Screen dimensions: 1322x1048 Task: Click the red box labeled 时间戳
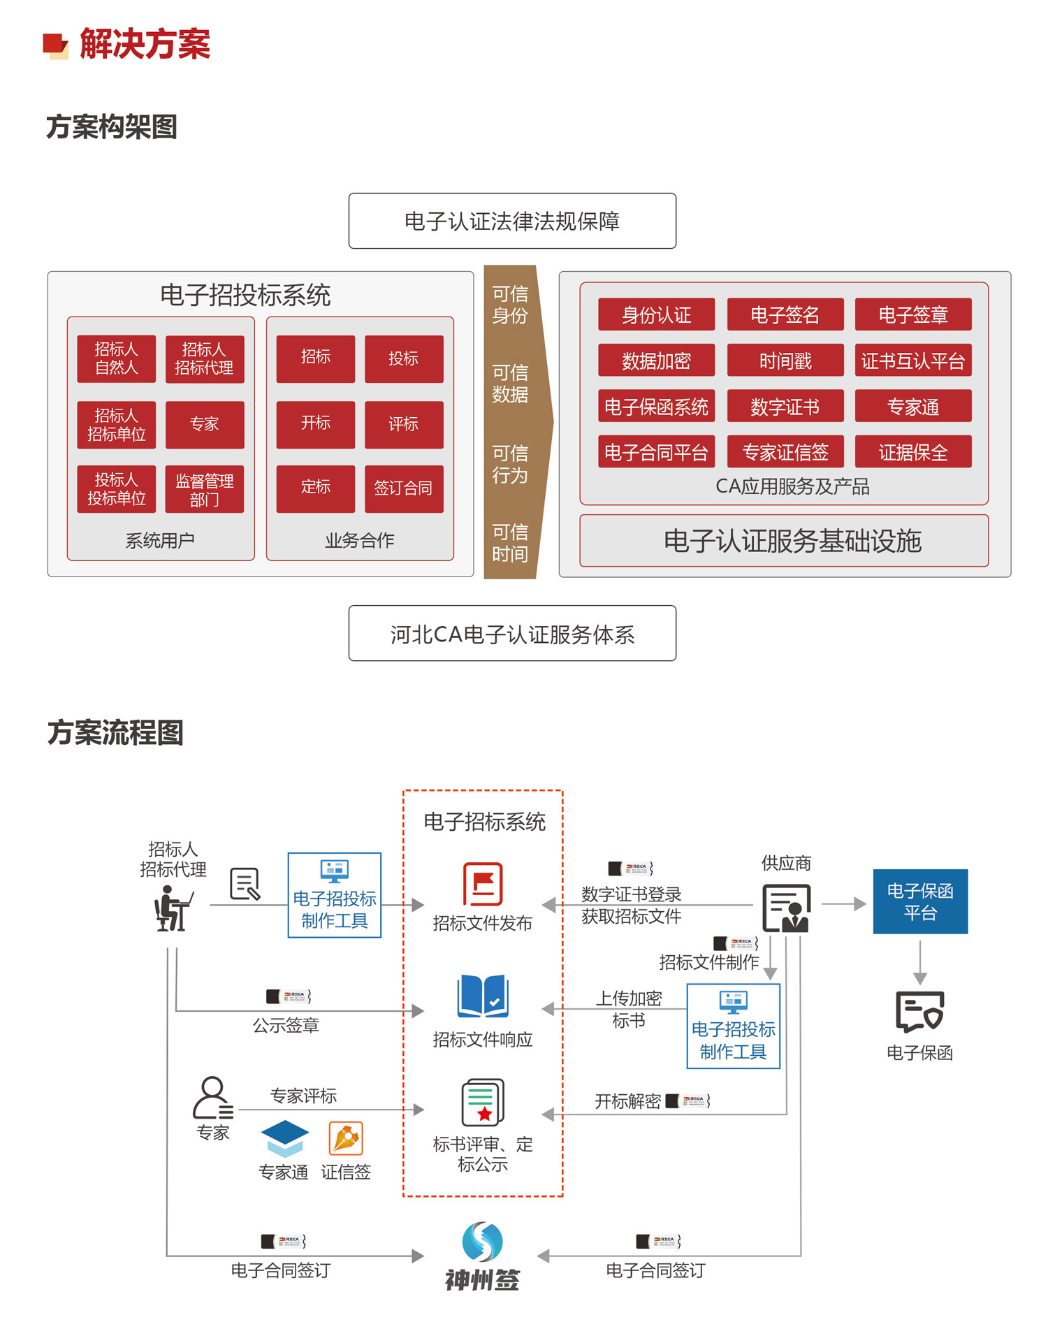coord(785,361)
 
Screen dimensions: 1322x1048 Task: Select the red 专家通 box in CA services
coord(912,407)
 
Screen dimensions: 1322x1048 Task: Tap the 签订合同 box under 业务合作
coord(403,488)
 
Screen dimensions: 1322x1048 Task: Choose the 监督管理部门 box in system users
coord(204,490)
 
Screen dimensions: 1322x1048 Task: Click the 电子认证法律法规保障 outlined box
coord(512,221)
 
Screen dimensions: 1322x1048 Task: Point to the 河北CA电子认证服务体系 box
coord(512,634)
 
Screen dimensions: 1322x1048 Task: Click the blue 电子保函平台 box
coord(919,901)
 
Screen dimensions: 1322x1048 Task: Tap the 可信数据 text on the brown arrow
coord(510,384)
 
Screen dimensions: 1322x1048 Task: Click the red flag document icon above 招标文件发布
coord(483,884)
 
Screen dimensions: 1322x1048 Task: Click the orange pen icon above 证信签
coord(346,1138)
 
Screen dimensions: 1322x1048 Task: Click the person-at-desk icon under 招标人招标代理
coord(172,908)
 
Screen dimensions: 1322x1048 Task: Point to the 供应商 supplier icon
coord(786,908)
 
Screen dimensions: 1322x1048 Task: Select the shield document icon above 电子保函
coord(919,1011)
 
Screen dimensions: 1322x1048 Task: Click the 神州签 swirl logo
coord(482,1242)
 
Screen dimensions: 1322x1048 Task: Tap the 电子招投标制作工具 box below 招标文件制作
coord(733,1026)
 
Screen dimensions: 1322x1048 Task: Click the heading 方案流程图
coord(115,733)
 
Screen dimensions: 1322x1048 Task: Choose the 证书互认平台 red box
coord(912,361)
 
